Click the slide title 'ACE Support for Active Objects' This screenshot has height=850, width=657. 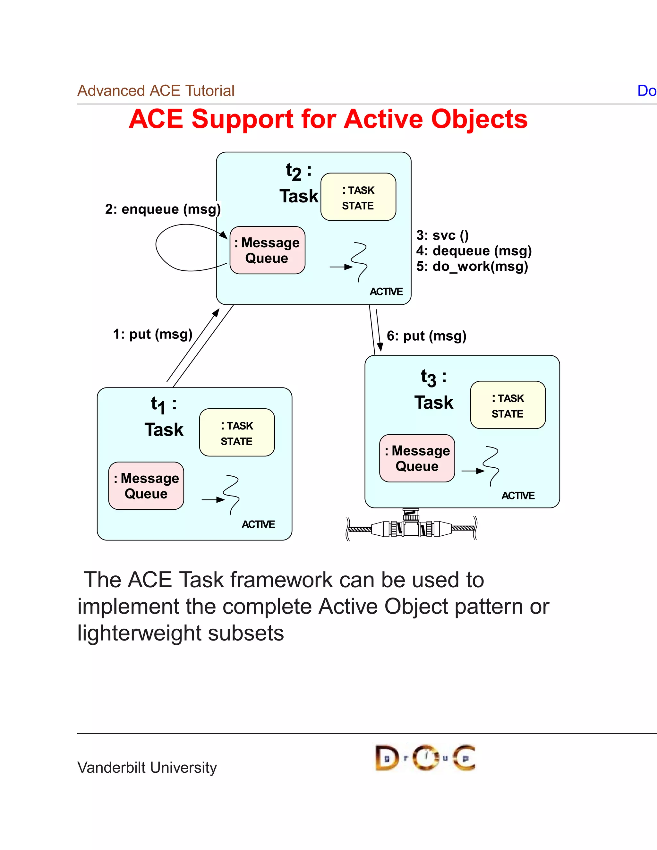(328, 119)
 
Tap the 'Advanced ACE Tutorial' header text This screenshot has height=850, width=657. (156, 91)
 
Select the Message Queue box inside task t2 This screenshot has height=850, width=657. (268, 250)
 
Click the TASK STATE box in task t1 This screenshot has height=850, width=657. (237, 432)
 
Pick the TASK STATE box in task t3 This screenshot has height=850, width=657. (508, 405)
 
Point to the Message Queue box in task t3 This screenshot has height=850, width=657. (417, 458)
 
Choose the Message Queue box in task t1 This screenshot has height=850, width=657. (146, 486)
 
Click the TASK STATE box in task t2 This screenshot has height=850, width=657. (358, 197)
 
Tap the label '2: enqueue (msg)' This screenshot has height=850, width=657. (163, 209)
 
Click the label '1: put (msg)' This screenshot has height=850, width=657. (153, 334)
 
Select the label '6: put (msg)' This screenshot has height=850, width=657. (426, 336)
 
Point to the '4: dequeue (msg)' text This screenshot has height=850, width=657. (474, 251)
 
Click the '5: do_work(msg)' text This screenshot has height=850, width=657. (472, 266)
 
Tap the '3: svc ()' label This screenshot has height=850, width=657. (442, 235)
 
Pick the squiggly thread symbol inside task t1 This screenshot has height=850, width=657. (232, 494)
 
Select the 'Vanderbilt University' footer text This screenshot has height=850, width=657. (147, 768)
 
